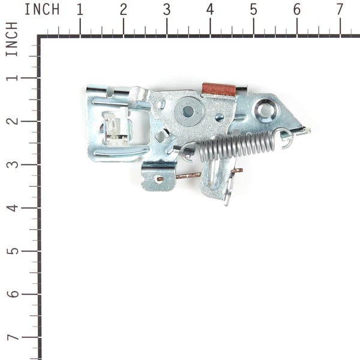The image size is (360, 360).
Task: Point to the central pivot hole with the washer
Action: [x=188, y=111]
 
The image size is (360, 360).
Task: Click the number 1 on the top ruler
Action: [x=80, y=10]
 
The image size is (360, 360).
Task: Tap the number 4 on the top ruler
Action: [x=210, y=10]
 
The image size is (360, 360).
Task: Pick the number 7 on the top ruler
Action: [x=340, y=10]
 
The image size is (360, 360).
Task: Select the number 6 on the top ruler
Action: [x=296, y=10]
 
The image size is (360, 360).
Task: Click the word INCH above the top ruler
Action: [x=42, y=10]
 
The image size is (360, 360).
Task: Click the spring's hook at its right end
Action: [x=287, y=139]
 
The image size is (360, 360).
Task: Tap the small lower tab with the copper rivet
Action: [x=158, y=178]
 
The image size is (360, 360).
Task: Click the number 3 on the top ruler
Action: [x=167, y=10]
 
